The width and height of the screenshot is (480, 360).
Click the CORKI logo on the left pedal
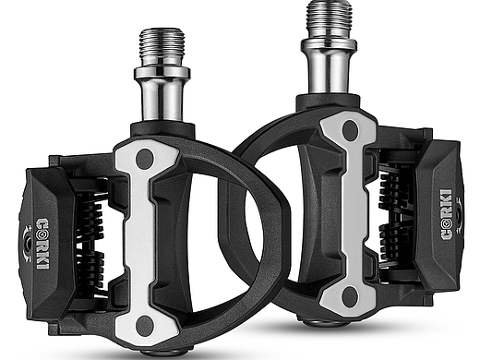42,244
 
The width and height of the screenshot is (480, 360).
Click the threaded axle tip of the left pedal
162,47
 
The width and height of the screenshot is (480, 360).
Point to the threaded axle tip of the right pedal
330,19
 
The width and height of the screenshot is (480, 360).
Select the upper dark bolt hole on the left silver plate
145,159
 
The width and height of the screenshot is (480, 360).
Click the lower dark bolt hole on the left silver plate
144,325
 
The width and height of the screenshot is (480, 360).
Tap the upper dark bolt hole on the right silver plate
350,130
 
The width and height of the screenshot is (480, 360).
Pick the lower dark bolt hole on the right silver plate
349,296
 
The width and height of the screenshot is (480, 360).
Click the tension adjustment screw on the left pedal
29,244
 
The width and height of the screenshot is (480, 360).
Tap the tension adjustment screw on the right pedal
459,215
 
